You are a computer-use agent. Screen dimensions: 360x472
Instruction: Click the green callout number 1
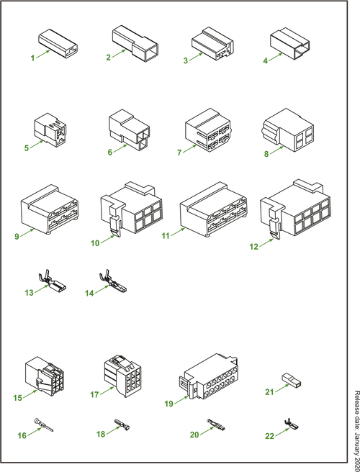point(32,58)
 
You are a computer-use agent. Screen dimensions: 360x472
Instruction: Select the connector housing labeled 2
point(135,43)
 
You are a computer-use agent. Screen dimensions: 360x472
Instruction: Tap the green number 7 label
point(179,153)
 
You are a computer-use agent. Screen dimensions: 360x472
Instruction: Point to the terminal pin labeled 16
point(44,425)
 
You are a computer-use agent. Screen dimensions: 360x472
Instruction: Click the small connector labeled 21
point(292,380)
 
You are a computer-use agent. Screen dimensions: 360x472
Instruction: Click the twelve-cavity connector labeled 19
point(208,377)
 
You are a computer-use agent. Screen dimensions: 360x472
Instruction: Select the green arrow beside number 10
point(107,240)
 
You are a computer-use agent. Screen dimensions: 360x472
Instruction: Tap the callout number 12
point(254,247)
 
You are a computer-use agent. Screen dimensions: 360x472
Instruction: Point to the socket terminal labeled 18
point(122,424)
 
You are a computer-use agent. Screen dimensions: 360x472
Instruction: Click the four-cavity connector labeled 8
point(288,130)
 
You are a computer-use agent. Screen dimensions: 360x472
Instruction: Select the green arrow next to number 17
point(107,391)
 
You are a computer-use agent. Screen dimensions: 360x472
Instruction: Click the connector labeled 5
point(50,130)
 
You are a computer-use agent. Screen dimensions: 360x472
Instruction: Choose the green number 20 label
point(194,435)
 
